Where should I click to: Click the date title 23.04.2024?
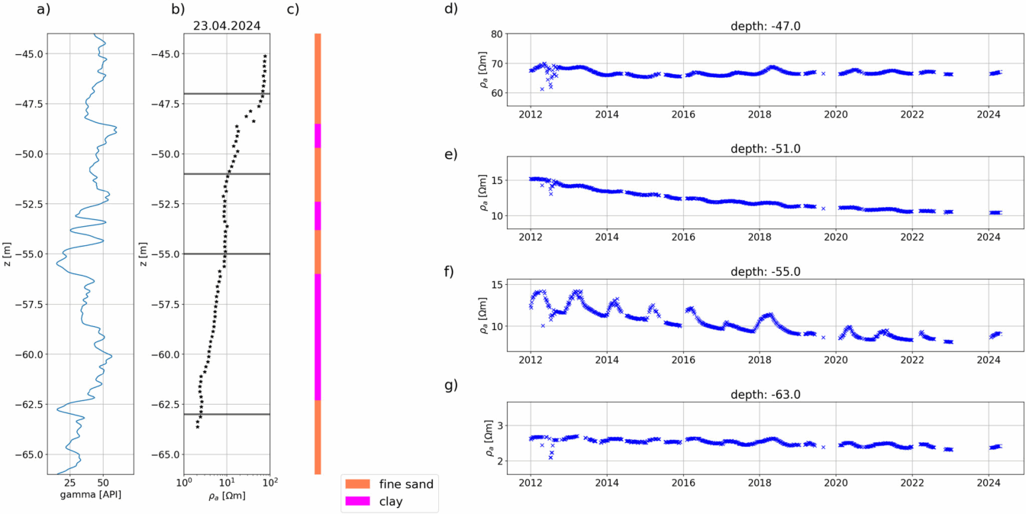(x=227, y=25)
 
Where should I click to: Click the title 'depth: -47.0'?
(x=760, y=26)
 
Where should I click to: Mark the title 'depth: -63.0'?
(x=760, y=395)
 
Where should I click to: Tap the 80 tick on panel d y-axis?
(x=495, y=34)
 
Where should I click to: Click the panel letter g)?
(x=450, y=384)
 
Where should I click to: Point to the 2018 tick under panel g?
(x=760, y=483)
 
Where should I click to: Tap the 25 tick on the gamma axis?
(x=69, y=483)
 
